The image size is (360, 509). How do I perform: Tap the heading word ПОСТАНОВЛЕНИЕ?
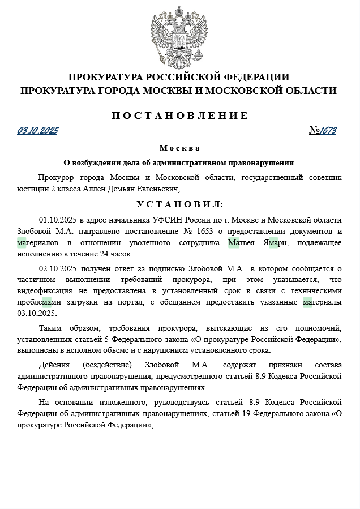179,116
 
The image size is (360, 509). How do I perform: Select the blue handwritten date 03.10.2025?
37,131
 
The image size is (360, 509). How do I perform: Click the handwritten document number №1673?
323,131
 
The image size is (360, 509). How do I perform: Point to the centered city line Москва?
179,148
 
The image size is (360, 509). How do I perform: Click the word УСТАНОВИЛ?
179,204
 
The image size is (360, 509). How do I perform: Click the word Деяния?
54,365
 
